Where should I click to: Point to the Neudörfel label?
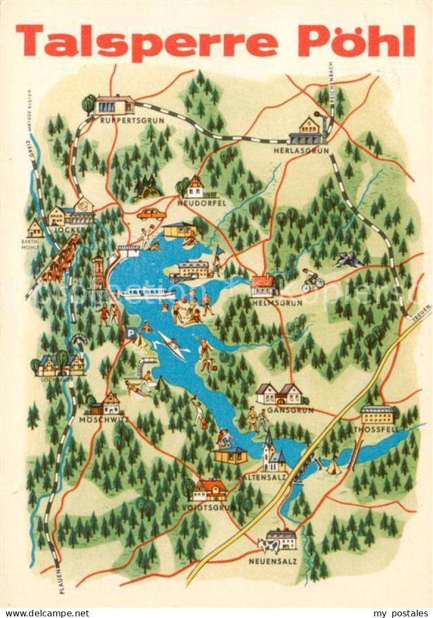pos(201,203)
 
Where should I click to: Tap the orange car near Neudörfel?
pos(151,214)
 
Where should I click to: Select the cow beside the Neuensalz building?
pos(268,544)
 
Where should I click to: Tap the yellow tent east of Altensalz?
pos(334,467)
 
